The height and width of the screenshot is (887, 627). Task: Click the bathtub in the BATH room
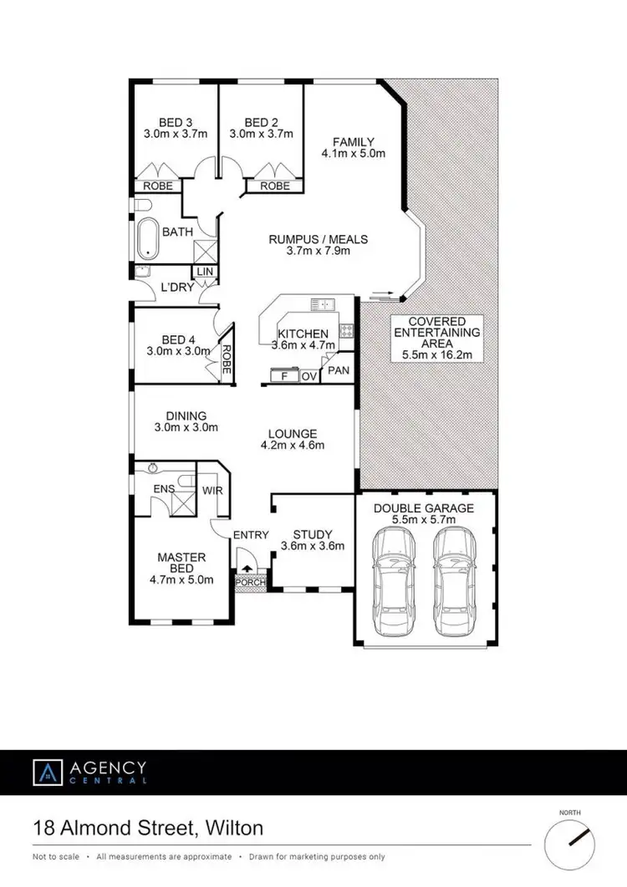[x=149, y=237]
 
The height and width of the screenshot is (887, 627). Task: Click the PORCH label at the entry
[x=248, y=582]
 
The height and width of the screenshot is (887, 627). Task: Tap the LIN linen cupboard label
[x=203, y=272]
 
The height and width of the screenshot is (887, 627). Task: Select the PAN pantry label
[x=339, y=370]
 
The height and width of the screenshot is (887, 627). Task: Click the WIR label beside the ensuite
[x=213, y=491]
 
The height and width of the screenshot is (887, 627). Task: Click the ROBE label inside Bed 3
[x=158, y=186]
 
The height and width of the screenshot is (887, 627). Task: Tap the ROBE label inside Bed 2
[x=275, y=186]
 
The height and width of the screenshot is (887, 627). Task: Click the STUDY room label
[x=313, y=535]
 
